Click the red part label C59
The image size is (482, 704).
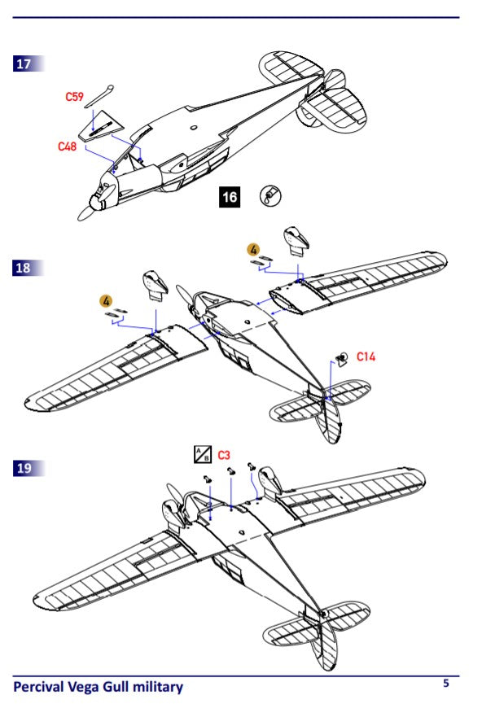(x=75, y=97)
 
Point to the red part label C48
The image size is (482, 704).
(x=67, y=146)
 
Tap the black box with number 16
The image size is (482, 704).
(x=230, y=197)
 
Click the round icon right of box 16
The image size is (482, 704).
(x=269, y=196)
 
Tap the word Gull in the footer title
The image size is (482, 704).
(x=111, y=688)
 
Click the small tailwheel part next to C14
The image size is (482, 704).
(x=343, y=358)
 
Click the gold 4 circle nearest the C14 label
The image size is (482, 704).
(x=254, y=248)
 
